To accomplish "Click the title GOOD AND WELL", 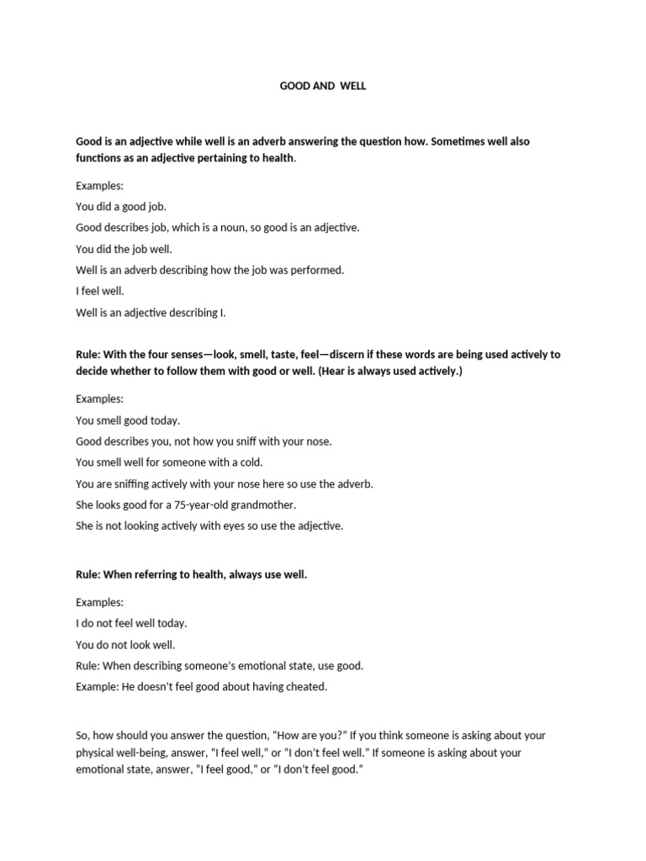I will [x=322, y=87].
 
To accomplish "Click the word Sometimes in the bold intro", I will [x=455, y=141].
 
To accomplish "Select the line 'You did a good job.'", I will [x=121, y=206].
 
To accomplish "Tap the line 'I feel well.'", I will [x=100, y=292].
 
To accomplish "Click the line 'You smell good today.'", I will [x=128, y=420].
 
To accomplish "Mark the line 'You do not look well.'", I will [x=125, y=645].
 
